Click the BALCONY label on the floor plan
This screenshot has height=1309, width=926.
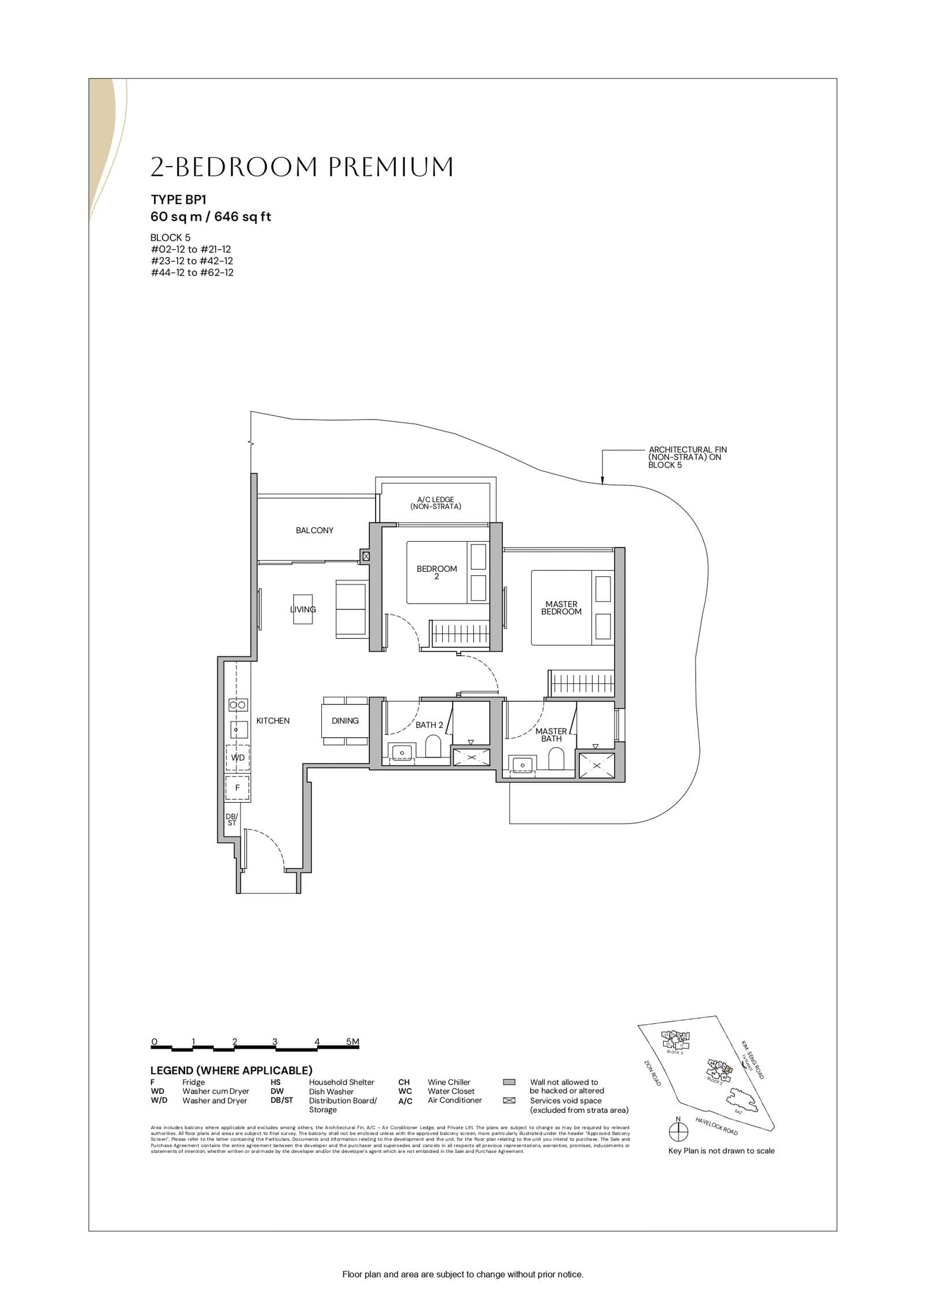point(314,530)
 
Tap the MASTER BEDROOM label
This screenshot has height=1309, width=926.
point(561,608)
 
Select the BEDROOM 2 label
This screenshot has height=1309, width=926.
point(436,572)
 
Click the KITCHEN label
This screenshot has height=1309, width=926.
point(273,720)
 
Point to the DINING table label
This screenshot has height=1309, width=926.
point(345,720)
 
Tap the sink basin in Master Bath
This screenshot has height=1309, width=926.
point(523,764)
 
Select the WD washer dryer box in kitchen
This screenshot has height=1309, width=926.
point(237,758)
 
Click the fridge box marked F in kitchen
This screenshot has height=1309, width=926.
point(237,788)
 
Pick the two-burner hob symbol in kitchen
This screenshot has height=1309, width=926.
point(237,705)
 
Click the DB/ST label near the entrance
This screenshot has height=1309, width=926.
point(231,819)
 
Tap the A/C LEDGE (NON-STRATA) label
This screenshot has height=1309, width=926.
point(435,503)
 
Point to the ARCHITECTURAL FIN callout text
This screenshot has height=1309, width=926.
point(687,457)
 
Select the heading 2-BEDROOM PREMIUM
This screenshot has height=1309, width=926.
point(302,167)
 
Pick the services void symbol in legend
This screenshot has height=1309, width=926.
point(509,1101)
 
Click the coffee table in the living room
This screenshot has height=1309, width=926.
point(303,609)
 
